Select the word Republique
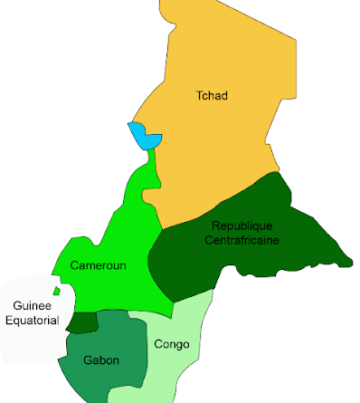tap(242, 225)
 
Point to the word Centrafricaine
tap(242, 240)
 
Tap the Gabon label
tap(100, 360)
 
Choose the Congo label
tap(171, 344)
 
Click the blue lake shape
tap(144, 137)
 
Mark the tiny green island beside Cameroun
tap(56, 292)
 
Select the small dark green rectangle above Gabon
tap(82, 321)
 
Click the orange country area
tap(226, 136)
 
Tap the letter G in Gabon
tap(87, 360)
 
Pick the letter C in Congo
tap(158, 344)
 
